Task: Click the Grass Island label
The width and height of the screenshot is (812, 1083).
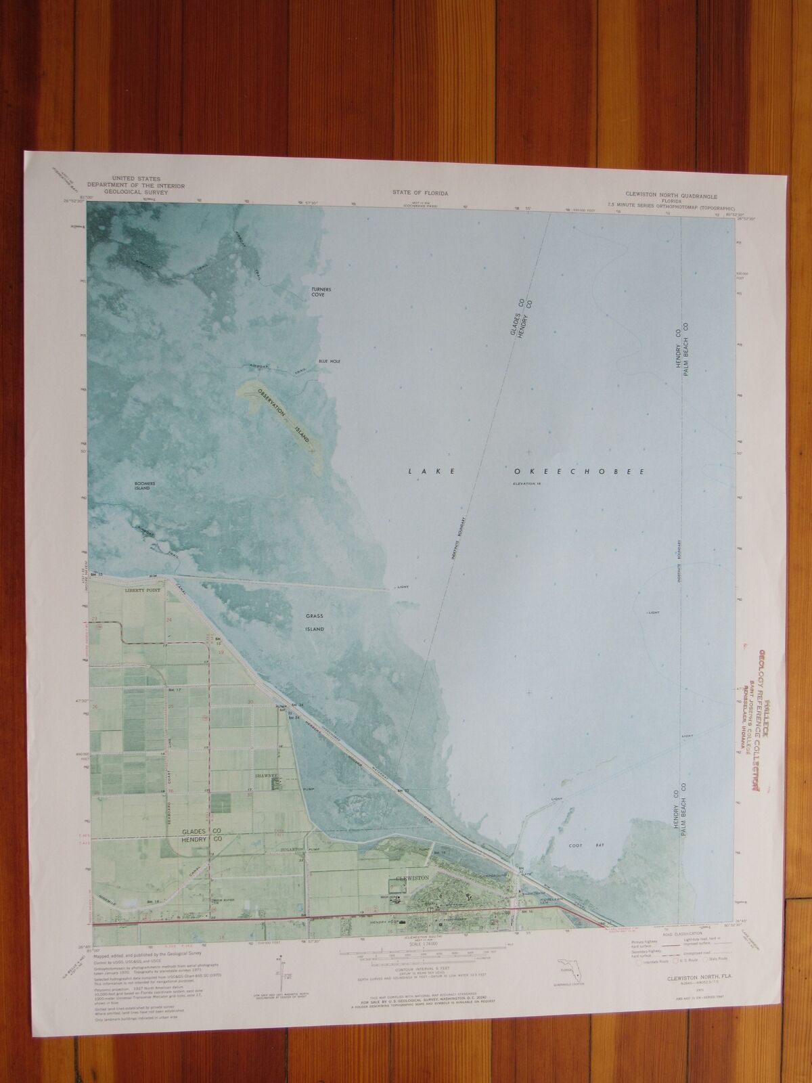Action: pyautogui.click(x=314, y=622)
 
